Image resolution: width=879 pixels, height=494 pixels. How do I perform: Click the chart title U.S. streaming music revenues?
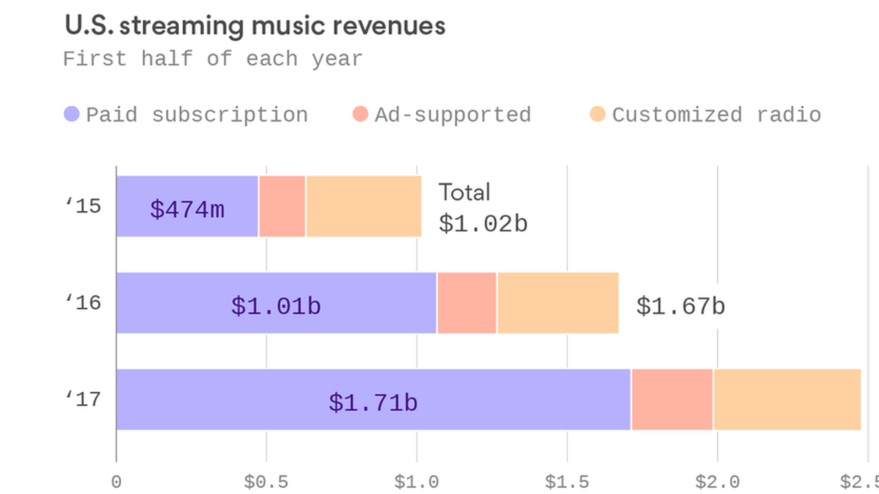tap(255, 26)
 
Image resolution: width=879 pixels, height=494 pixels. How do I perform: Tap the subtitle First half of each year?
tap(213, 59)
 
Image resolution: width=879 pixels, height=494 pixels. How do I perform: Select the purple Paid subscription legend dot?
tap(72, 114)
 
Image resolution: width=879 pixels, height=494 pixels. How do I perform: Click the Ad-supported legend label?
tap(452, 115)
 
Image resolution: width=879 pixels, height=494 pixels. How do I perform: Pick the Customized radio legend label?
tap(716, 115)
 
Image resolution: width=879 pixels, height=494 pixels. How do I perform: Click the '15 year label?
tap(83, 206)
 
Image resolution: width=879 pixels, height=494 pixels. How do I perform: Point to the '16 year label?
tap(83, 303)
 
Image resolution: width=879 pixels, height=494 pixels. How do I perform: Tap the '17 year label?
tap(83, 400)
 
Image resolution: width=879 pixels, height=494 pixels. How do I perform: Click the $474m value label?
tap(187, 209)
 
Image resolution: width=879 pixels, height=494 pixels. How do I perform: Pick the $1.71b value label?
tap(373, 403)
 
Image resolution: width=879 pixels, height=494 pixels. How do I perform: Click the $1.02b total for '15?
tap(483, 224)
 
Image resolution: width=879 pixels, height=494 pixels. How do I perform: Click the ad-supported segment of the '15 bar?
tap(282, 206)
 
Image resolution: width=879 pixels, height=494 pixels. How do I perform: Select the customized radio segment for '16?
tap(558, 303)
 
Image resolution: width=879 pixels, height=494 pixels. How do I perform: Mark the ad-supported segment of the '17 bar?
tap(672, 400)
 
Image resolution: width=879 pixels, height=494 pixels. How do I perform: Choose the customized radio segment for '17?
tap(787, 400)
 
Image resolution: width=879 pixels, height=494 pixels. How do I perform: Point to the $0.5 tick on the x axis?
tap(266, 482)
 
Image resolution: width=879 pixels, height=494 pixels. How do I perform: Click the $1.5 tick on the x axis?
tap(567, 482)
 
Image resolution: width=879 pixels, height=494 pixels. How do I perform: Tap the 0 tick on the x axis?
tap(116, 482)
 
